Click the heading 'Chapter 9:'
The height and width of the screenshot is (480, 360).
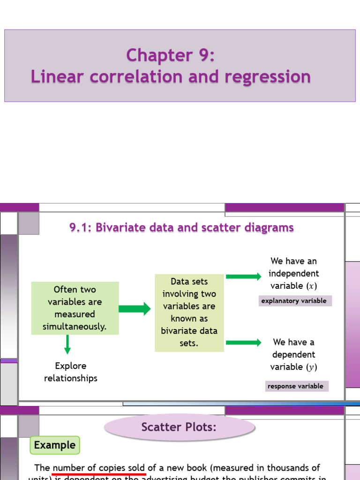pos(171,55)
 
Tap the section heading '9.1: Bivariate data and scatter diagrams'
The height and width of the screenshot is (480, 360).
pos(181,228)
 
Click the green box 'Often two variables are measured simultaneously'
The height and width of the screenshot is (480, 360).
pos(75,308)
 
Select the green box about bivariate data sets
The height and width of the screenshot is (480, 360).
pos(189,312)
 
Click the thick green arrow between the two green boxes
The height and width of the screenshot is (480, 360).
pos(135,308)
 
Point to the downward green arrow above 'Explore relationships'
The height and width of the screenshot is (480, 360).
pos(67,345)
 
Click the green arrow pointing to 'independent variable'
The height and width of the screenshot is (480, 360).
pos(243,277)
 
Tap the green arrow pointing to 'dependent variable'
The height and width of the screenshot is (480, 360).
pos(243,343)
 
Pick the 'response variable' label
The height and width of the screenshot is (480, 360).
pos(295,386)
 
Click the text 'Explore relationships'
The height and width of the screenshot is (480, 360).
pos(71,372)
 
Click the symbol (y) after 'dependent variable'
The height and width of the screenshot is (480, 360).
pos(312,367)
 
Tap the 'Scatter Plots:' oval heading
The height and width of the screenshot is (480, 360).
pos(180,427)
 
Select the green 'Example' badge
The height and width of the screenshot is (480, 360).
pos(55,445)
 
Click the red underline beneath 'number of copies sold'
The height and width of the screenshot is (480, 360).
pos(99,474)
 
